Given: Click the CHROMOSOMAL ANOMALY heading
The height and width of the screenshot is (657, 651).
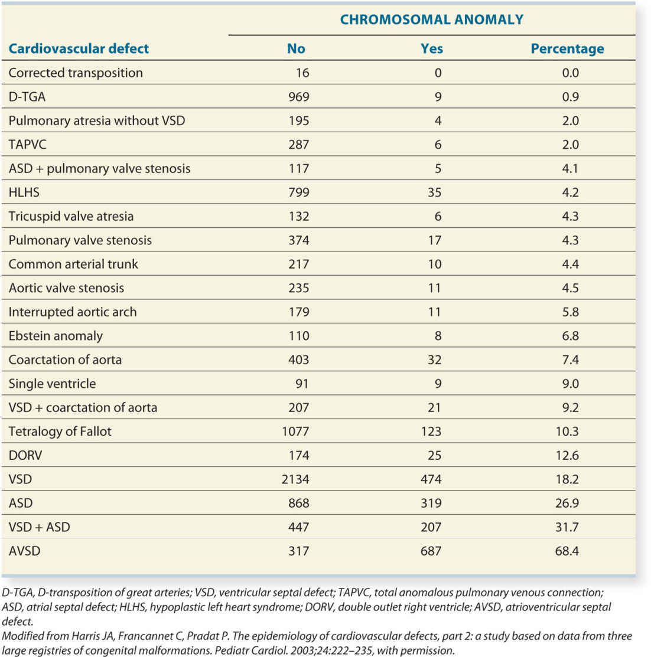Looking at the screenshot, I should pos(431,19).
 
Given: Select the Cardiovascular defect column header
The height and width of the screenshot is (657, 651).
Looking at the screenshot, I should pos(79,48).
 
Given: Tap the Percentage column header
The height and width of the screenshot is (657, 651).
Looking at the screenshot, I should pos(567,48).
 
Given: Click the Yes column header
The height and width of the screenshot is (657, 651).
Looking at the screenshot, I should pos(431,48).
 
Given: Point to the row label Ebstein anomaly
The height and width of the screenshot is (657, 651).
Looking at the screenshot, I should pos(56,336).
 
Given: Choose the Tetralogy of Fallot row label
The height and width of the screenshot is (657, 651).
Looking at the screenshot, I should pos(60,432).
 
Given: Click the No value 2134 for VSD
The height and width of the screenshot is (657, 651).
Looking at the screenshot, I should pos(295,479).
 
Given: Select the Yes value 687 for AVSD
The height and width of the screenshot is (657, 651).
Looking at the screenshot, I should pos(431,551).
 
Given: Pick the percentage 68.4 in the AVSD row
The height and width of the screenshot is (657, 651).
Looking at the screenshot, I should pos(567,551).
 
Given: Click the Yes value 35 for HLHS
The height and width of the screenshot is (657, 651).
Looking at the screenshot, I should pos(434,192).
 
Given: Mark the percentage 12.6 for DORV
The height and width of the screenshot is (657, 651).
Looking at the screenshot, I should pos(567,456).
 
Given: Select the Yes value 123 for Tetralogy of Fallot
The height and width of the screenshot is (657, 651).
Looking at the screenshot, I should pos(431,432).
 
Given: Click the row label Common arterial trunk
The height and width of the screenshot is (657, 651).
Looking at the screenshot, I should pos(73,264).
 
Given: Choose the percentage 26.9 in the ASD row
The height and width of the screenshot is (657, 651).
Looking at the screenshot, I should pos(567,504).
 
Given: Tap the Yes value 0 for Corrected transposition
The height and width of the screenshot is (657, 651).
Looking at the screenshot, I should pos(438,73).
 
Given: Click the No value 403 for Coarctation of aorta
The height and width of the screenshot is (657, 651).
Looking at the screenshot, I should pos(299,359).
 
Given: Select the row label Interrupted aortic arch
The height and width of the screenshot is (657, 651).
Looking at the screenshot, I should pos(73,312).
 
